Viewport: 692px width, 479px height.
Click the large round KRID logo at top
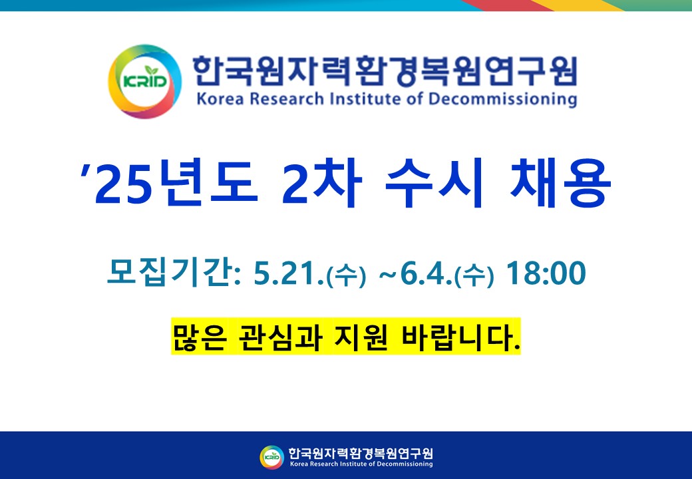145,82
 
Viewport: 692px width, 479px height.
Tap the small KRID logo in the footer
272,457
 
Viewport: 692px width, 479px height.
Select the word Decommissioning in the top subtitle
502,99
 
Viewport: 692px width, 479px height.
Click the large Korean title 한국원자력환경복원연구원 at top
385,71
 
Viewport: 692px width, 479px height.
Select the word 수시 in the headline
434,183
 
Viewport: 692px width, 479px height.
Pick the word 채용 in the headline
560,183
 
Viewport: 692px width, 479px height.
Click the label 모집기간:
174,273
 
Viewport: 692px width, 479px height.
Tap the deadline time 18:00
546,273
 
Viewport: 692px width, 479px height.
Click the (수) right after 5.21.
346,275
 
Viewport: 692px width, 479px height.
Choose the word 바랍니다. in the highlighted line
460,337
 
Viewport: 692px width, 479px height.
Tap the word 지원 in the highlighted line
361,337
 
